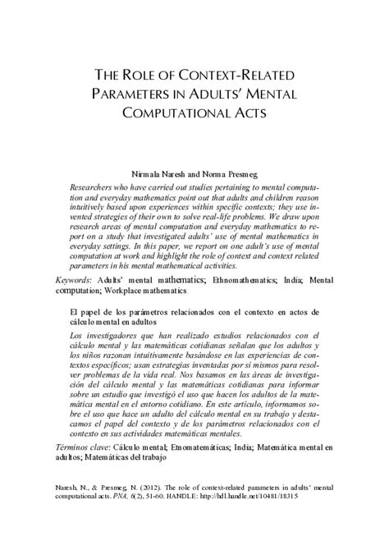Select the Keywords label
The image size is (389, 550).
coord(73,280)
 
